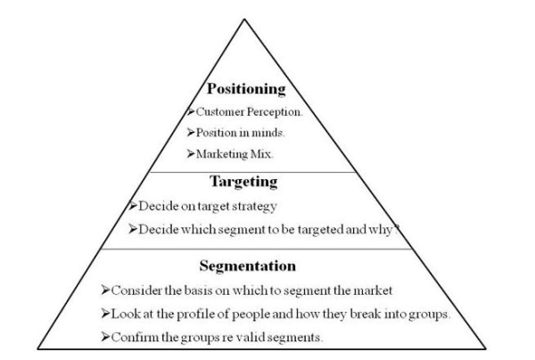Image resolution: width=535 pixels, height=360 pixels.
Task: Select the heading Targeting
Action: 245,181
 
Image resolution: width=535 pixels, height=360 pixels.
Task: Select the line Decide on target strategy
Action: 191,205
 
